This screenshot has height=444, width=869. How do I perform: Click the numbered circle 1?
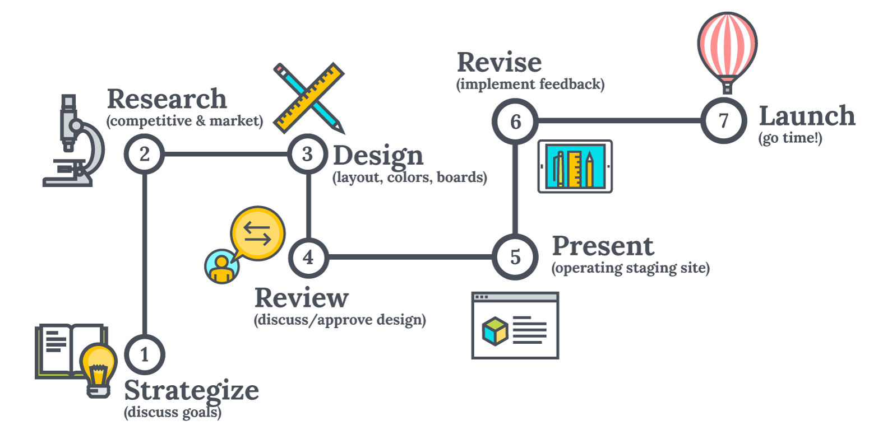[x=145, y=355]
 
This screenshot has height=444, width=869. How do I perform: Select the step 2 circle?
[x=145, y=154]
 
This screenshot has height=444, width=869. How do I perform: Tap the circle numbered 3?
[x=307, y=154]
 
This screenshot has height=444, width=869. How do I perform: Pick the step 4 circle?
[x=308, y=257]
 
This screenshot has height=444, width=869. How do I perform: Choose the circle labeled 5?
[x=515, y=257]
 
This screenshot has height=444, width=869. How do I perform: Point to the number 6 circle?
[x=515, y=121]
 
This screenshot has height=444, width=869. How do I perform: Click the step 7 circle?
[x=723, y=121]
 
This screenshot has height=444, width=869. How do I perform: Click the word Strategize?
[x=191, y=391]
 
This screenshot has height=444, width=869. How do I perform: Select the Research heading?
[x=167, y=100]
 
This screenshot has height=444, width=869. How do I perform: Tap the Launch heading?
[x=806, y=116]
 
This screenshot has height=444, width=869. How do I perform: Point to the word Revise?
[x=499, y=62]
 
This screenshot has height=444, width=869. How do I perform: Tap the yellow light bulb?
[x=99, y=368]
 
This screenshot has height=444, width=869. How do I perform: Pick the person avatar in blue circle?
[x=221, y=266]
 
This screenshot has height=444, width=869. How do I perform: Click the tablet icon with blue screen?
[x=575, y=166]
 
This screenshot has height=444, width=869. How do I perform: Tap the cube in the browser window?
[x=494, y=330]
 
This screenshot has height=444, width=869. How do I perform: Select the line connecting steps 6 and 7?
[x=619, y=121]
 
